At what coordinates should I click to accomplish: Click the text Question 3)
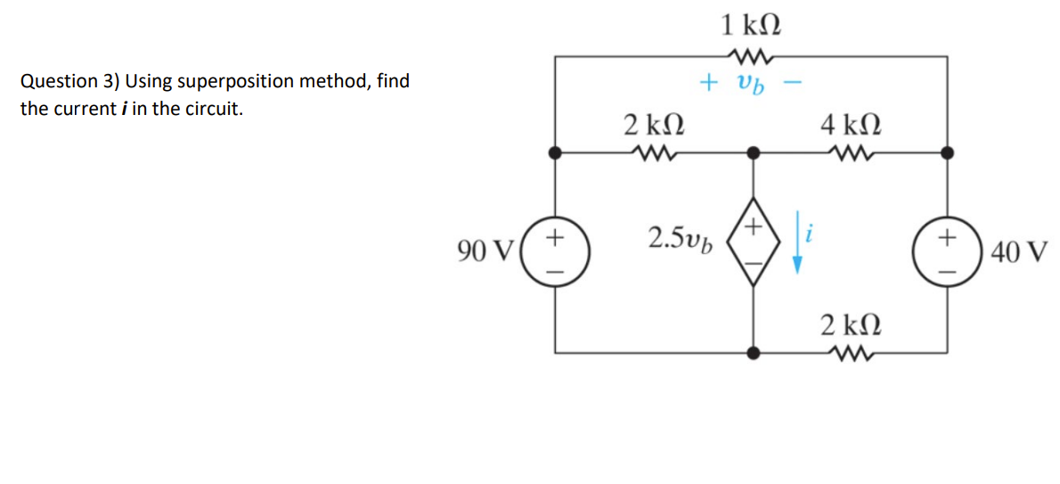69,82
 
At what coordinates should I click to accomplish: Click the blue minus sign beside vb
795,84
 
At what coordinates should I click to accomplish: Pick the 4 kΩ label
850,123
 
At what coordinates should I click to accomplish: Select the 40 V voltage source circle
948,252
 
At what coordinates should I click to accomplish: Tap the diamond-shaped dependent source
754,252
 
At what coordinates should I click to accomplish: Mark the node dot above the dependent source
754,152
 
